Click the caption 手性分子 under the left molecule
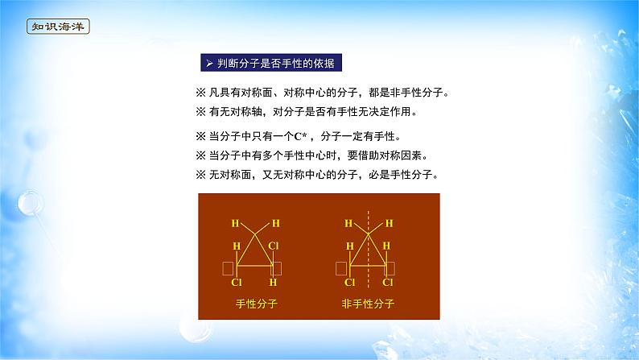click(253, 304)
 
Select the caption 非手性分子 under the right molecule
click(369, 304)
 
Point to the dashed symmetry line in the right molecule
click(369, 250)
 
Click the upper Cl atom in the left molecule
click(274, 246)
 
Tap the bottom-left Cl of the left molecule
click(236, 283)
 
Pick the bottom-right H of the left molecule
click(274, 283)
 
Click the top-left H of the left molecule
click(235, 222)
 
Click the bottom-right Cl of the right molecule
click(388, 283)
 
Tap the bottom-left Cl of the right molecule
click(350, 283)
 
